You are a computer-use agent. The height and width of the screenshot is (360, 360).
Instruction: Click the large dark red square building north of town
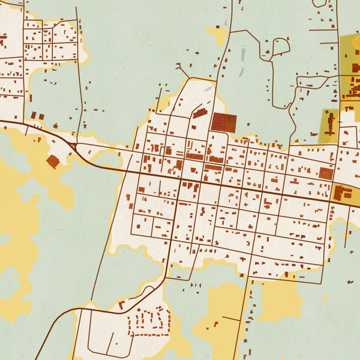[223, 122]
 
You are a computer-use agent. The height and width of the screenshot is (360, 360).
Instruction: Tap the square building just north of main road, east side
[326, 173]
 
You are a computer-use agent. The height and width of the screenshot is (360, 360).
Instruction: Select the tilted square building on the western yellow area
[53, 161]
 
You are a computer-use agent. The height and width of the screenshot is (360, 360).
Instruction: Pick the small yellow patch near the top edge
[217, 34]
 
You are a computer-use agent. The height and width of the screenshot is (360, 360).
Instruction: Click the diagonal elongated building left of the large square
[199, 114]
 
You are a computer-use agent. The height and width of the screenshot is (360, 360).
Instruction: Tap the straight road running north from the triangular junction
[79, 72]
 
